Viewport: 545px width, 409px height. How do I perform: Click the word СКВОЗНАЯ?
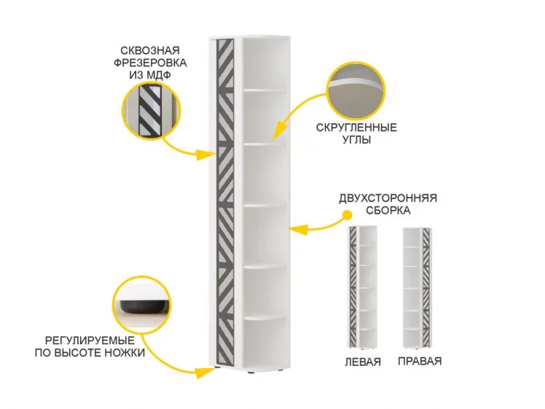click(x=150, y=51)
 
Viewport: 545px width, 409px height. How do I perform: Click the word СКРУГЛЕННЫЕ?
click(x=356, y=128)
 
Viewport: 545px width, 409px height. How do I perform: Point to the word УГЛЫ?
click(x=357, y=139)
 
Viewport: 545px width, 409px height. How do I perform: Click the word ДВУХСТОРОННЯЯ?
click(x=388, y=198)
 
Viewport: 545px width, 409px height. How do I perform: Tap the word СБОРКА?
click(x=388, y=211)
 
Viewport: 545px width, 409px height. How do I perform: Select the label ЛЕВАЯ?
click(x=363, y=362)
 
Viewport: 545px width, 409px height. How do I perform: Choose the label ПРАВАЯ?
click(x=420, y=362)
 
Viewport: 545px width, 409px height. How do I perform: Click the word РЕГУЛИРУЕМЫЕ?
click(x=90, y=340)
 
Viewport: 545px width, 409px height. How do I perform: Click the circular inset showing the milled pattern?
click(x=152, y=111)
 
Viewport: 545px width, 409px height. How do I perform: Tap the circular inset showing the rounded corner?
click(x=356, y=91)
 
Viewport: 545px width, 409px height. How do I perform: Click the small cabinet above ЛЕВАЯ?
click(x=363, y=287)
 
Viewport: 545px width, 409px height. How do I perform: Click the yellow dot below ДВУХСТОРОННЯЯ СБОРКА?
click(x=347, y=215)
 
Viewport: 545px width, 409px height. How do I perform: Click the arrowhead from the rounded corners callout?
click(x=276, y=132)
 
